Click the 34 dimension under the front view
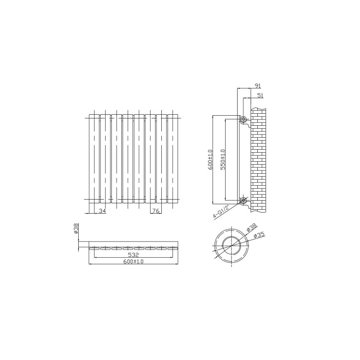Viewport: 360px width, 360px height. click(x=102, y=211)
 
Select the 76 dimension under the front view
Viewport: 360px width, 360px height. click(x=156, y=211)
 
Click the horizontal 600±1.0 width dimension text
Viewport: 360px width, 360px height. click(x=133, y=262)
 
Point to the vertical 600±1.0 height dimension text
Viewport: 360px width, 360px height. click(x=210, y=159)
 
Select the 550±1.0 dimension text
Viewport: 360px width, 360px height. click(x=222, y=159)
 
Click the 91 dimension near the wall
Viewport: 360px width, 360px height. click(x=257, y=86)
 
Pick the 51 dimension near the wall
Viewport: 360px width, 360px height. click(x=260, y=96)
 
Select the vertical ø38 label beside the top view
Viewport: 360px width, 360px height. click(x=76, y=228)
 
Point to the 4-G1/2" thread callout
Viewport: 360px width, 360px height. click(x=220, y=211)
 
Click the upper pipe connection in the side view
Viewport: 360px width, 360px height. click(x=243, y=119)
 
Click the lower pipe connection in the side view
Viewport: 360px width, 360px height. click(x=243, y=200)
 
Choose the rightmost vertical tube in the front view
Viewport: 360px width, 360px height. click(x=173, y=158)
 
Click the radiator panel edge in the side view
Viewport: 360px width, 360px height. click(x=239, y=158)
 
